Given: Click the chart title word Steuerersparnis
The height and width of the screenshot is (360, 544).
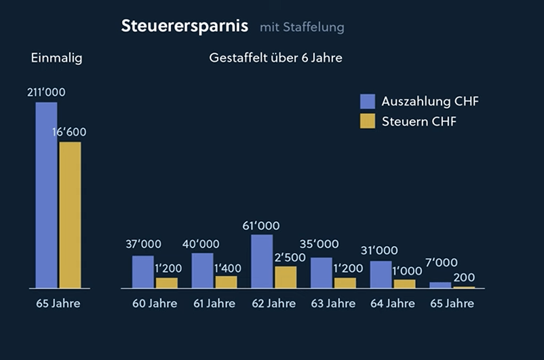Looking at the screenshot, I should (x=184, y=26).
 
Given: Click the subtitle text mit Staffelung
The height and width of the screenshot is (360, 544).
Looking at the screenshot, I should (x=302, y=27).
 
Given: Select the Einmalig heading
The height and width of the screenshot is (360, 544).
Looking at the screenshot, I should (x=56, y=58).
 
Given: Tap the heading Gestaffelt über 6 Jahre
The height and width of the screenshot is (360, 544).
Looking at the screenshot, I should (x=275, y=58).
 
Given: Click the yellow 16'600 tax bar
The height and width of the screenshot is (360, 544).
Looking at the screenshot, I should (x=70, y=215).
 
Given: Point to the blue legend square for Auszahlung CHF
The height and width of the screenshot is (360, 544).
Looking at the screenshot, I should (x=368, y=102).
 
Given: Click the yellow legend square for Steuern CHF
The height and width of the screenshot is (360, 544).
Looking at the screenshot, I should (x=368, y=121).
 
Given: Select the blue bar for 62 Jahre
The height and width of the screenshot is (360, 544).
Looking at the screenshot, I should (x=262, y=261).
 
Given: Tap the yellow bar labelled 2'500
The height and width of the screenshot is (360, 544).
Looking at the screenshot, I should (x=286, y=277).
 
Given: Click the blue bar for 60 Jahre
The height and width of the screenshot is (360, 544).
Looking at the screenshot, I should (x=142, y=272).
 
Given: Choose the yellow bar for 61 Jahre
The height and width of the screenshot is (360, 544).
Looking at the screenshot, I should (x=227, y=282).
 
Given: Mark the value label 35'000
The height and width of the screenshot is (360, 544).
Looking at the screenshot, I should (x=319, y=244).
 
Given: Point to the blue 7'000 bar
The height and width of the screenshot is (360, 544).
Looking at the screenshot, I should (x=440, y=285).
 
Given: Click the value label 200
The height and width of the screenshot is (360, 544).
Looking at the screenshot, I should (x=465, y=277).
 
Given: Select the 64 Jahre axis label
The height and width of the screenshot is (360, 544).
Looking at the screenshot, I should (x=393, y=303).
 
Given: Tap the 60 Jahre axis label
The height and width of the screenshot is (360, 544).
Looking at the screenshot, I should (x=155, y=303).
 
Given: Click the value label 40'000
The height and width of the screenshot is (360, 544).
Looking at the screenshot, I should (x=201, y=244).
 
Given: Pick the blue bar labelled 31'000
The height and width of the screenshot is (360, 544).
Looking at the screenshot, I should (x=381, y=275).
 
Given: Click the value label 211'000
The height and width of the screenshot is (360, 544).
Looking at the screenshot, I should (x=47, y=92).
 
